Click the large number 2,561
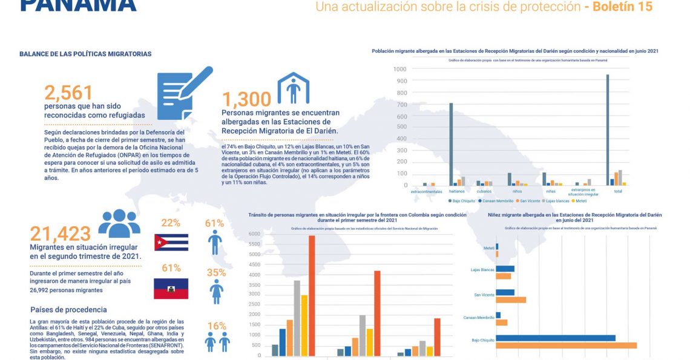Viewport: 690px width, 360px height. click(x=68, y=93)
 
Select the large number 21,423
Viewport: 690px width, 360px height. click(x=60, y=234)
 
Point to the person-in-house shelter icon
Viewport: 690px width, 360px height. click(x=293, y=89)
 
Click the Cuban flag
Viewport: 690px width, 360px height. click(x=171, y=242)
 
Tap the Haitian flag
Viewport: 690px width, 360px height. click(x=171, y=289)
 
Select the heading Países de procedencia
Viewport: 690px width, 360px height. click(x=68, y=310)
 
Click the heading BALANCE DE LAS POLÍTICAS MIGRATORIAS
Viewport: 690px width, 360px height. click(x=85, y=54)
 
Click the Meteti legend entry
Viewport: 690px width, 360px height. click(x=580, y=200)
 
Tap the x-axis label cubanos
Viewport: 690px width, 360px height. click(x=483, y=191)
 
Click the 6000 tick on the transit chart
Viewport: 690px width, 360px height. click(x=254, y=234)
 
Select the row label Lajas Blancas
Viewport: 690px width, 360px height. click(x=482, y=269)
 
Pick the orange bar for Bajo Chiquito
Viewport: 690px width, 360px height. click(x=566, y=345)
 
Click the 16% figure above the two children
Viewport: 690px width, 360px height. click(x=216, y=326)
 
